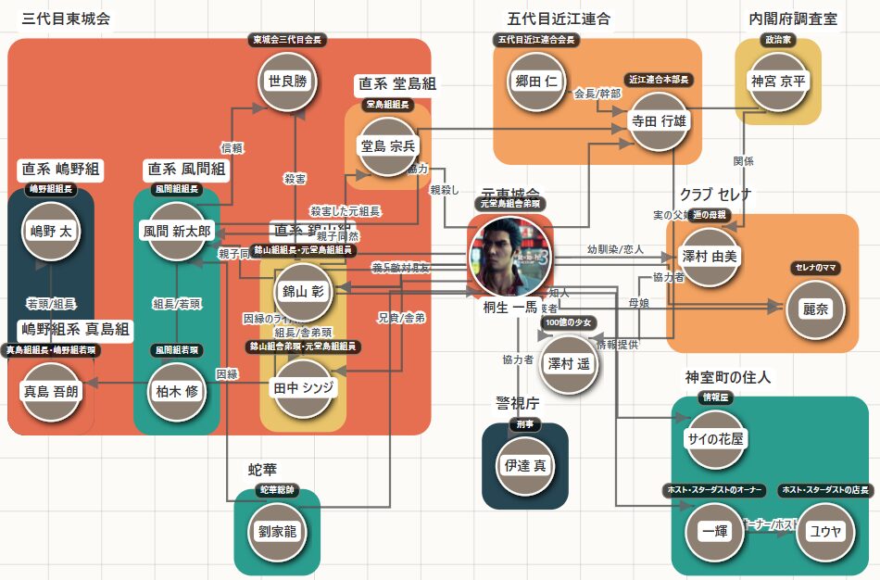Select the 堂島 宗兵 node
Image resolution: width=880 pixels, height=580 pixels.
(x=387, y=145)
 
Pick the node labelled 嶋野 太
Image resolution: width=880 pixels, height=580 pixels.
(x=50, y=231)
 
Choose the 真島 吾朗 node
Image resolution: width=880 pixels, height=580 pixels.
(x=50, y=391)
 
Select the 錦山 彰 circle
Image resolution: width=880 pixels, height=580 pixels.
(x=302, y=291)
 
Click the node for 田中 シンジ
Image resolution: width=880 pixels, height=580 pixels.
(x=302, y=387)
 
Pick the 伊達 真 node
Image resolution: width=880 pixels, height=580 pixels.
(x=524, y=465)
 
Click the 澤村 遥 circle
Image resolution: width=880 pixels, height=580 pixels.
(x=568, y=363)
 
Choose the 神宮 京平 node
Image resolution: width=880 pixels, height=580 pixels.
(x=778, y=82)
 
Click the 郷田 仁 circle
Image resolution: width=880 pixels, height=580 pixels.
(x=538, y=82)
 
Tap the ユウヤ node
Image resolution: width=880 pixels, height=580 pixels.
(x=824, y=531)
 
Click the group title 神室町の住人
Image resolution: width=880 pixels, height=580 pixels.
(x=727, y=377)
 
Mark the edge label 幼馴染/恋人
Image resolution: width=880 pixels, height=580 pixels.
(x=615, y=250)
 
